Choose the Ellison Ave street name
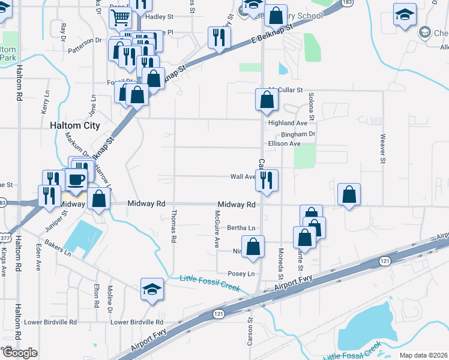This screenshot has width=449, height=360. click(x=284, y=144)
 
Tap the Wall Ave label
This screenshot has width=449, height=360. click(x=243, y=177)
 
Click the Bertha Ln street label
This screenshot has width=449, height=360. click(x=241, y=228)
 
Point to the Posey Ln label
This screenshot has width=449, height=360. click(x=241, y=274)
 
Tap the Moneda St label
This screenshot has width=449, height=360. click(x=280, y=263)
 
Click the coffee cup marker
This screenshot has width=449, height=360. click(x=76, y=179)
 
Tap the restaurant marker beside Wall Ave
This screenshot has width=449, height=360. click(x=266, y=179)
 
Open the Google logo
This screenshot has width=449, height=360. click(x=20, y=353)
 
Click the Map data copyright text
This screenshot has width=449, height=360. click(x=423, y=355)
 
